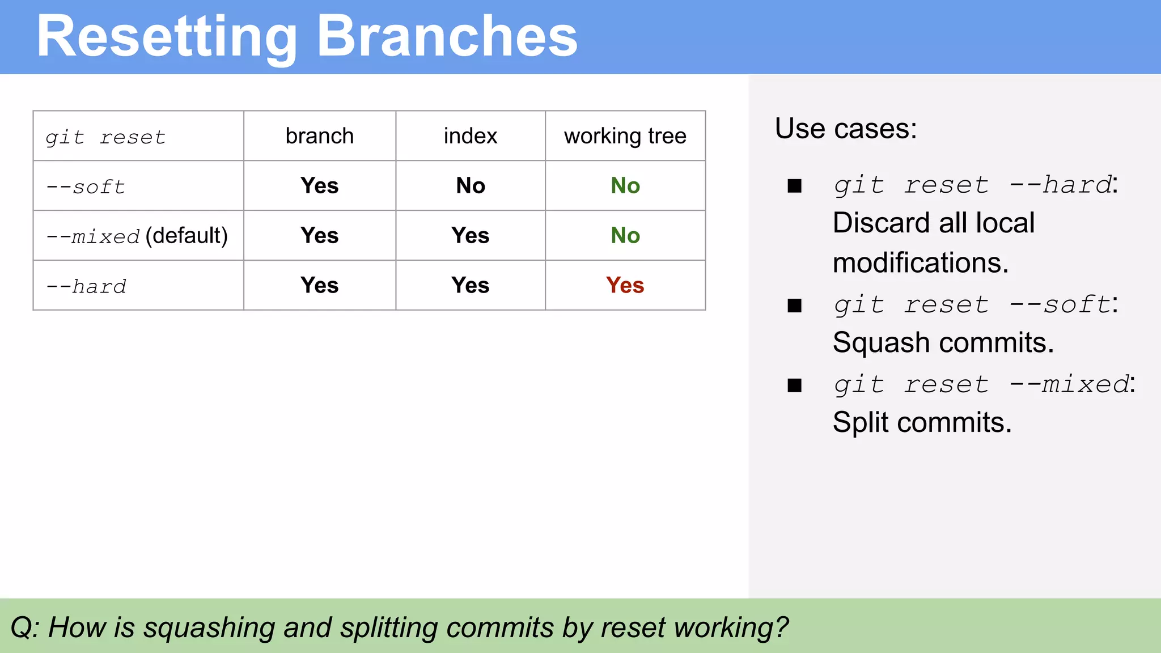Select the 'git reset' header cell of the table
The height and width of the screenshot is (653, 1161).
[x=105, y=137]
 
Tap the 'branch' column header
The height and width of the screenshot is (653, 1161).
[x=319, y=136]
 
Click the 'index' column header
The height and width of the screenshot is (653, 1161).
[x=470, y=136]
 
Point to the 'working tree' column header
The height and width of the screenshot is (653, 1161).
[x=625, y=136]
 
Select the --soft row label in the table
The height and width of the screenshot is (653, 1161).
[x=86, y=186]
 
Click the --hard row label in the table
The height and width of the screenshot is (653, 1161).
[x=86, y=286]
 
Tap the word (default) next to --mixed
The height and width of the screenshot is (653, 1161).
[x=187, y=235]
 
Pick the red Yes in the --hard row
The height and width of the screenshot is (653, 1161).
[x=625, y=285]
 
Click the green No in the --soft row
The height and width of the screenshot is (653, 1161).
[x=625, y=186]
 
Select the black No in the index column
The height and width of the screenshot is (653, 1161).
[x=470, y=186]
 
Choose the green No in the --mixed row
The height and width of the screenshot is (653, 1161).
[x=625, y=236]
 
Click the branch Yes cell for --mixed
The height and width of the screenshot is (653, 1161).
[x=319, y=236]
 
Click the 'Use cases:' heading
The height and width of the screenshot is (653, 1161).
[x=845, y=129]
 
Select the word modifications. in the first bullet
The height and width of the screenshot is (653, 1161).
[x=921, y=263]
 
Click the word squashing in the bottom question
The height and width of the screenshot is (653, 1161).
[x=209, y=627]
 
